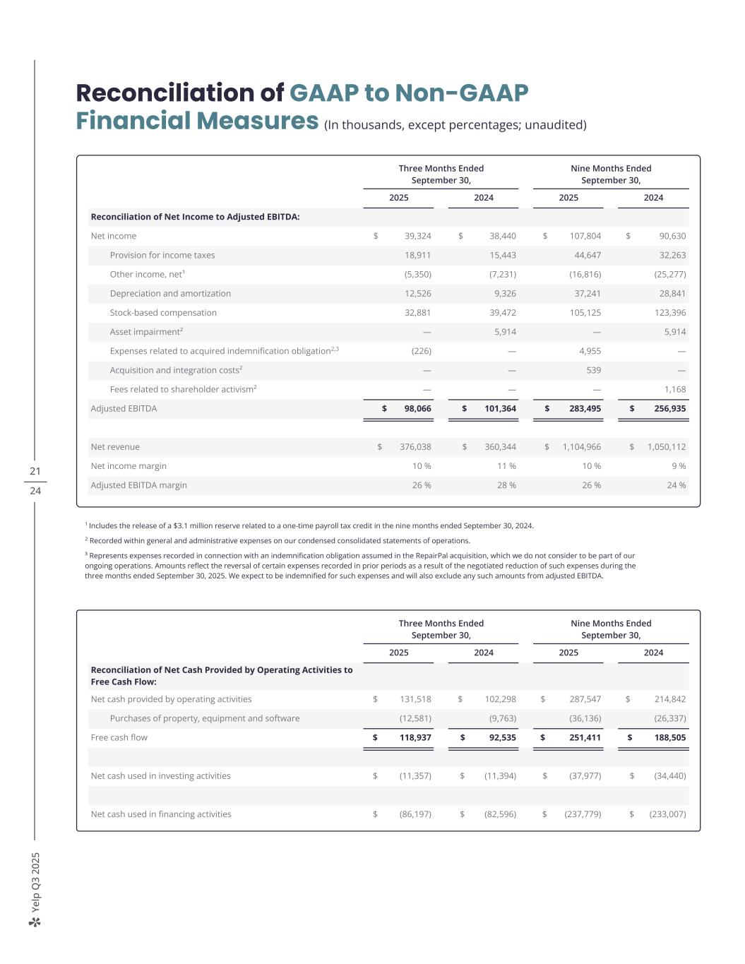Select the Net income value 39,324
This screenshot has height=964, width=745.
pyautogui.click(x=417, y=236)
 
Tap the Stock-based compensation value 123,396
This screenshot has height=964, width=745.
pyautogui.click(x=671, y=313)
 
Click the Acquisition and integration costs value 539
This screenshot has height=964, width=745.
pyautogui.click(x=593, y=370)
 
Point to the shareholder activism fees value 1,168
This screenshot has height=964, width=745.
pyautogui.click(x=675, y=389)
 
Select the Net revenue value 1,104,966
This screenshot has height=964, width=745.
pyautogui.click(x=582, y=447)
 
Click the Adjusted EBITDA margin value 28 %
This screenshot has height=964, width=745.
pyautogui.click(x=506, y=485)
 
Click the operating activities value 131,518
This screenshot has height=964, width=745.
pyautogui.click(x=415, y=699)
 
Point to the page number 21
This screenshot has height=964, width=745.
pyautogui.click(x=35, y=471)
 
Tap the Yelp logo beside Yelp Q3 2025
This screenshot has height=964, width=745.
pyautogui.click(x=35, y=922)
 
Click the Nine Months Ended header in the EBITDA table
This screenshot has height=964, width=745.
pyautogui.click(x=611, y=168)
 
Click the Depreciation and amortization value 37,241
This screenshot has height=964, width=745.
pyautogui.click(x=585, y=294)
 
